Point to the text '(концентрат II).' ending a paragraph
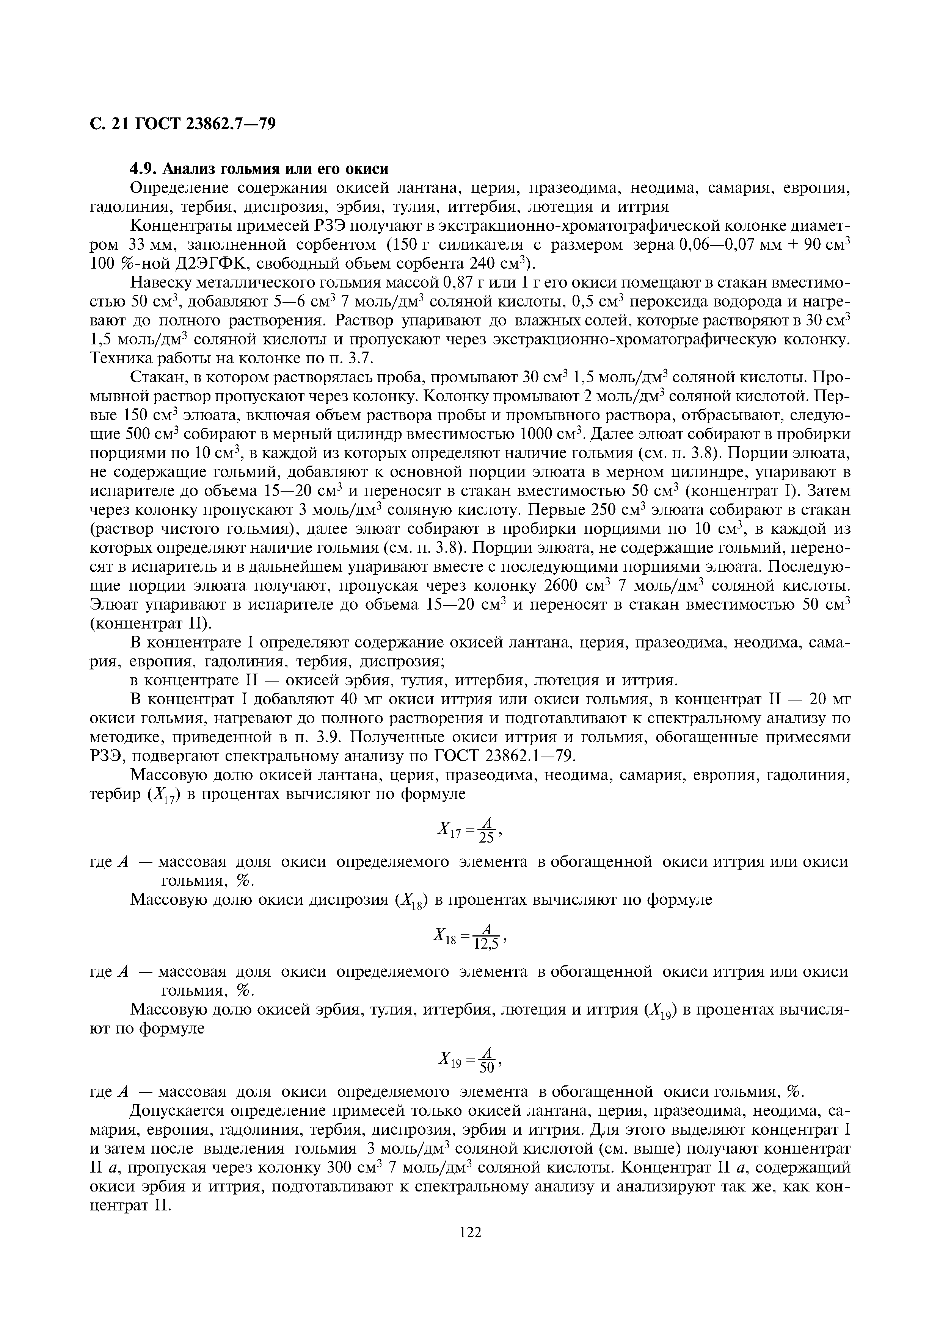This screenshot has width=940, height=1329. coord(152,624)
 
